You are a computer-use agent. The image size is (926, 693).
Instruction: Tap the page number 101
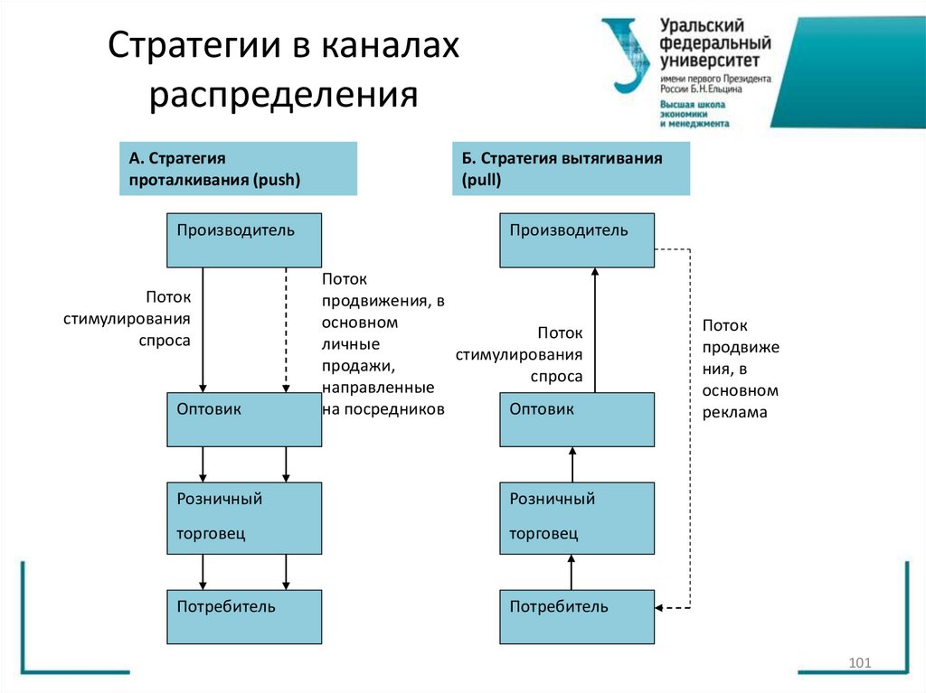pos(859,664)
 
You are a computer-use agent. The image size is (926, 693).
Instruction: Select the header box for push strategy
pos(238,169)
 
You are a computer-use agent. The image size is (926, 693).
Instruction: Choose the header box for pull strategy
pos(571,169)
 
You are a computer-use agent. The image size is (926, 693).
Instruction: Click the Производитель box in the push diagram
pos(244,239)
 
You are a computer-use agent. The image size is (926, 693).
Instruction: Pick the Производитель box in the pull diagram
pos(577,239)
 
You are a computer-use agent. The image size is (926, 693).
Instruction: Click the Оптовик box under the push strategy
pos(244,419)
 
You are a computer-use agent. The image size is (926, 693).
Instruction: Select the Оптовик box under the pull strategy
pos(577,419)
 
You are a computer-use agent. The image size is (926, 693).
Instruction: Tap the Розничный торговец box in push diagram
pos(244,518)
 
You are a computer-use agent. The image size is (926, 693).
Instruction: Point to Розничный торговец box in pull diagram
pos(577,518)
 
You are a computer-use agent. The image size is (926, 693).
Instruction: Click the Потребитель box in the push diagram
pos(244,616)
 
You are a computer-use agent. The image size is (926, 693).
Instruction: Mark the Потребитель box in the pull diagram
pos(577,616)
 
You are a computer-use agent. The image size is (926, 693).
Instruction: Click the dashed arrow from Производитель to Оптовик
pos(286,330)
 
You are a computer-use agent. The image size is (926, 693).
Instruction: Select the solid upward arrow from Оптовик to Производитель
pos(595,330)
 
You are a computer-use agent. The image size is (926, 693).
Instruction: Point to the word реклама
pos(733,412)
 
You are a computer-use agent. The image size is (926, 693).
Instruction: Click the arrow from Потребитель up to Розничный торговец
pos(572,572)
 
